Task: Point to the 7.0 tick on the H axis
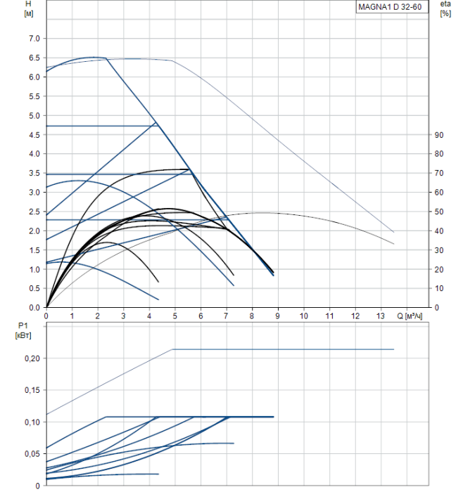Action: tap(34, 39)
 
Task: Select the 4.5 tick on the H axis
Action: tap(34, 135)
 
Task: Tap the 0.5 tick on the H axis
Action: tap(34, 289)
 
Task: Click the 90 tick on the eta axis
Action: tap(438, 135)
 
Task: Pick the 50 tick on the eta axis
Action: tap(438, 212)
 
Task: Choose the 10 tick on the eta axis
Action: tap(438, 289)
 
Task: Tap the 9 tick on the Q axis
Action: tap(278, 316)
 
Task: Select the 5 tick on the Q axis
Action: tap(175, 316)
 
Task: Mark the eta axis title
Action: tap(445, 4)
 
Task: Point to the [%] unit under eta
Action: tap(445, 13)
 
